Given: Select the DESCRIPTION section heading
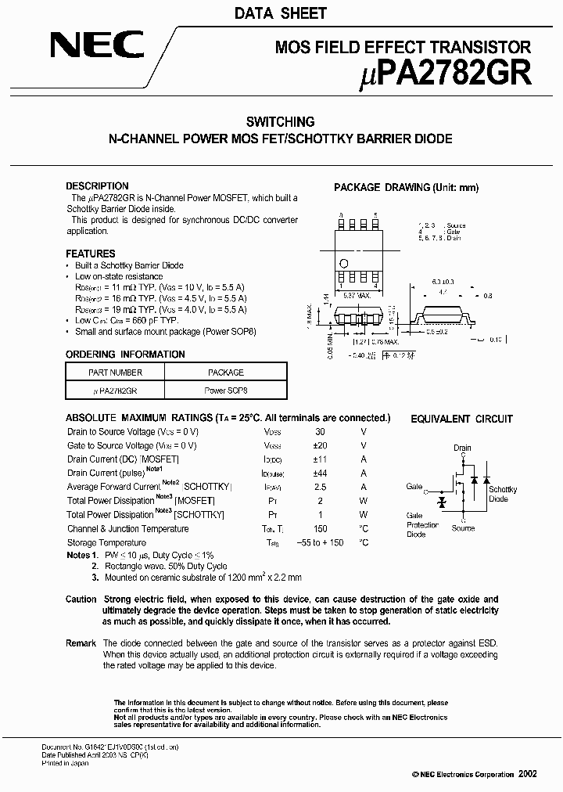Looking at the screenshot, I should click(97, 186).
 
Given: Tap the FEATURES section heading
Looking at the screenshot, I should click(90, 254).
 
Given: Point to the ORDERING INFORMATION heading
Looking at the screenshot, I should click(125, 355).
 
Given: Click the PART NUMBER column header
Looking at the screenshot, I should click(115, 373).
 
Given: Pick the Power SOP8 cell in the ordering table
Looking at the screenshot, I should click(226, 389).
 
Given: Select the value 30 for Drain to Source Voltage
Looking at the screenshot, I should click(320, 432).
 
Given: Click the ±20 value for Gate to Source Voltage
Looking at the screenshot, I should click(320, 445).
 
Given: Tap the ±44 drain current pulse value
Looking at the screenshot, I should click(320, 473).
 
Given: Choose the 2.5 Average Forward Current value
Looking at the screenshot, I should click(320, 487).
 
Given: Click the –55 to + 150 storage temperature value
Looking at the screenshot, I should click(320, 542).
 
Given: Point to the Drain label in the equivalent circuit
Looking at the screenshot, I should click(462, 448).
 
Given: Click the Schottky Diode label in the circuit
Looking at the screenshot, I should click(503, 495).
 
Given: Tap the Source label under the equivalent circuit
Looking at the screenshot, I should click(463, 529).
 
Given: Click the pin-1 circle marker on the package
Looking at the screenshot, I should click(342, 262).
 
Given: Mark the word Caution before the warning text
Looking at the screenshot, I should click(81, 599).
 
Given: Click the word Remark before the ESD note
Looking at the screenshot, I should click(81, 643).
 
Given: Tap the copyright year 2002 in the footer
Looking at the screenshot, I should click(528, 773).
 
